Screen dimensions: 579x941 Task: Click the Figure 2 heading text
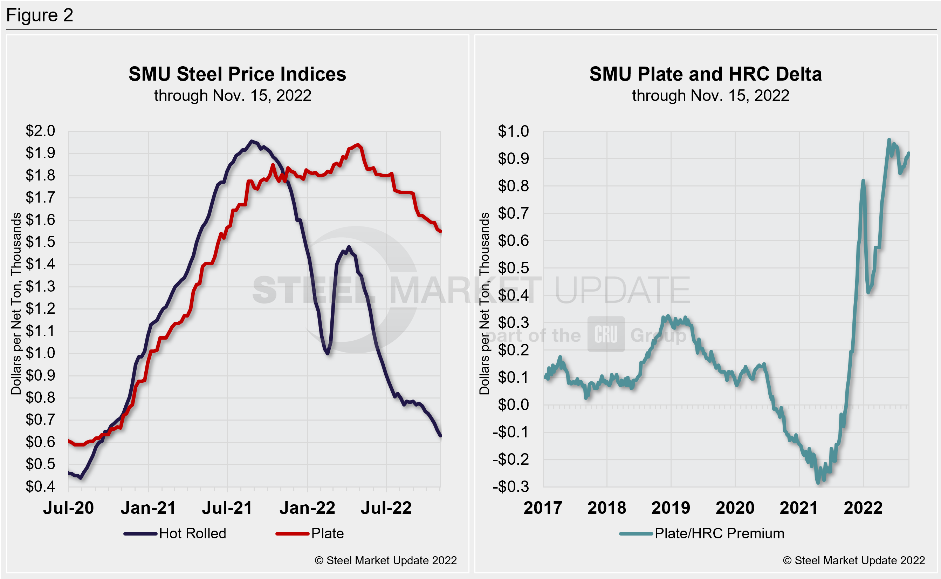(40, 15)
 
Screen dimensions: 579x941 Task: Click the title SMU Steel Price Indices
(237, 74)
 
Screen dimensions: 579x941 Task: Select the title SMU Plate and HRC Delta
(705, 74)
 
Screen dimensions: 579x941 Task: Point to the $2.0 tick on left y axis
(40, 131)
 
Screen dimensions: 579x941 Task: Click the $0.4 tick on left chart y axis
(40, 486)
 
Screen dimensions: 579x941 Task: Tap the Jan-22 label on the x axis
(307, 508)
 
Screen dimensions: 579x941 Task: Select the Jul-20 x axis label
(69, 508)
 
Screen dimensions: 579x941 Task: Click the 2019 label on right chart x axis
(671, 508)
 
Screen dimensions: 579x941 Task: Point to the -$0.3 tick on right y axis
(510, 487)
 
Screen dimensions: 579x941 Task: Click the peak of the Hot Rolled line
(252, 141)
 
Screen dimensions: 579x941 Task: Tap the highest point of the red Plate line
(358, 145)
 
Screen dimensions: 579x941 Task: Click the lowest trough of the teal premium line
(818, 483)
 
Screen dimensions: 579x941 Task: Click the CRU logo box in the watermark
(606, 334)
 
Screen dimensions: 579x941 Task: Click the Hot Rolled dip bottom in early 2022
(328, 353)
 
